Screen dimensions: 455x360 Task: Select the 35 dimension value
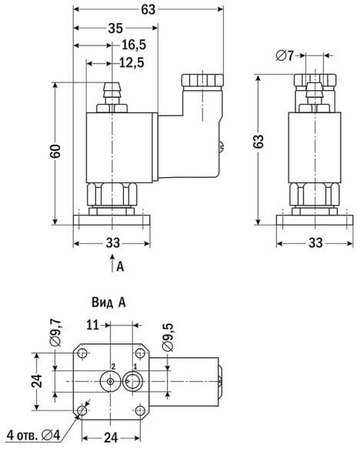(x=115, y=28)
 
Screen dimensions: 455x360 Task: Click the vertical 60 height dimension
(x=55, y=152)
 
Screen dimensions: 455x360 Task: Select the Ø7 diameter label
(x=285, y=55)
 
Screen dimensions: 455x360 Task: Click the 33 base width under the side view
(x=315, y=244)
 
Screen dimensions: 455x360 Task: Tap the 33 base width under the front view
(x=113, y=244)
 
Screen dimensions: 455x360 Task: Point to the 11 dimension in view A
(x=93, y=326)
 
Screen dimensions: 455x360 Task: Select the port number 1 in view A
(x=135, y=366)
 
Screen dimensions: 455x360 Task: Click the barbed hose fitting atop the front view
(x=113, y=92)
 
